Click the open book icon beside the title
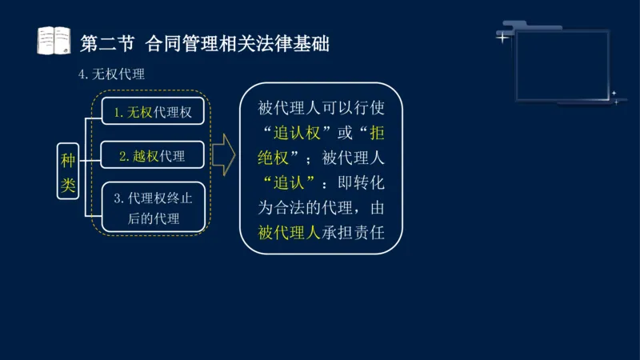(55, 40)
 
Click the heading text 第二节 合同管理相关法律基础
(206, 42)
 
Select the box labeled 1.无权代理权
(152, 112)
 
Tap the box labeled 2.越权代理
(152, 156)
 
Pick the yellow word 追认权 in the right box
(296, 133)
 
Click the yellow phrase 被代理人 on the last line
(289, 233)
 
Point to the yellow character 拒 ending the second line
(377, 133)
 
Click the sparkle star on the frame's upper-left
(502, 37)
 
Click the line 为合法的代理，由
(321, 208)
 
